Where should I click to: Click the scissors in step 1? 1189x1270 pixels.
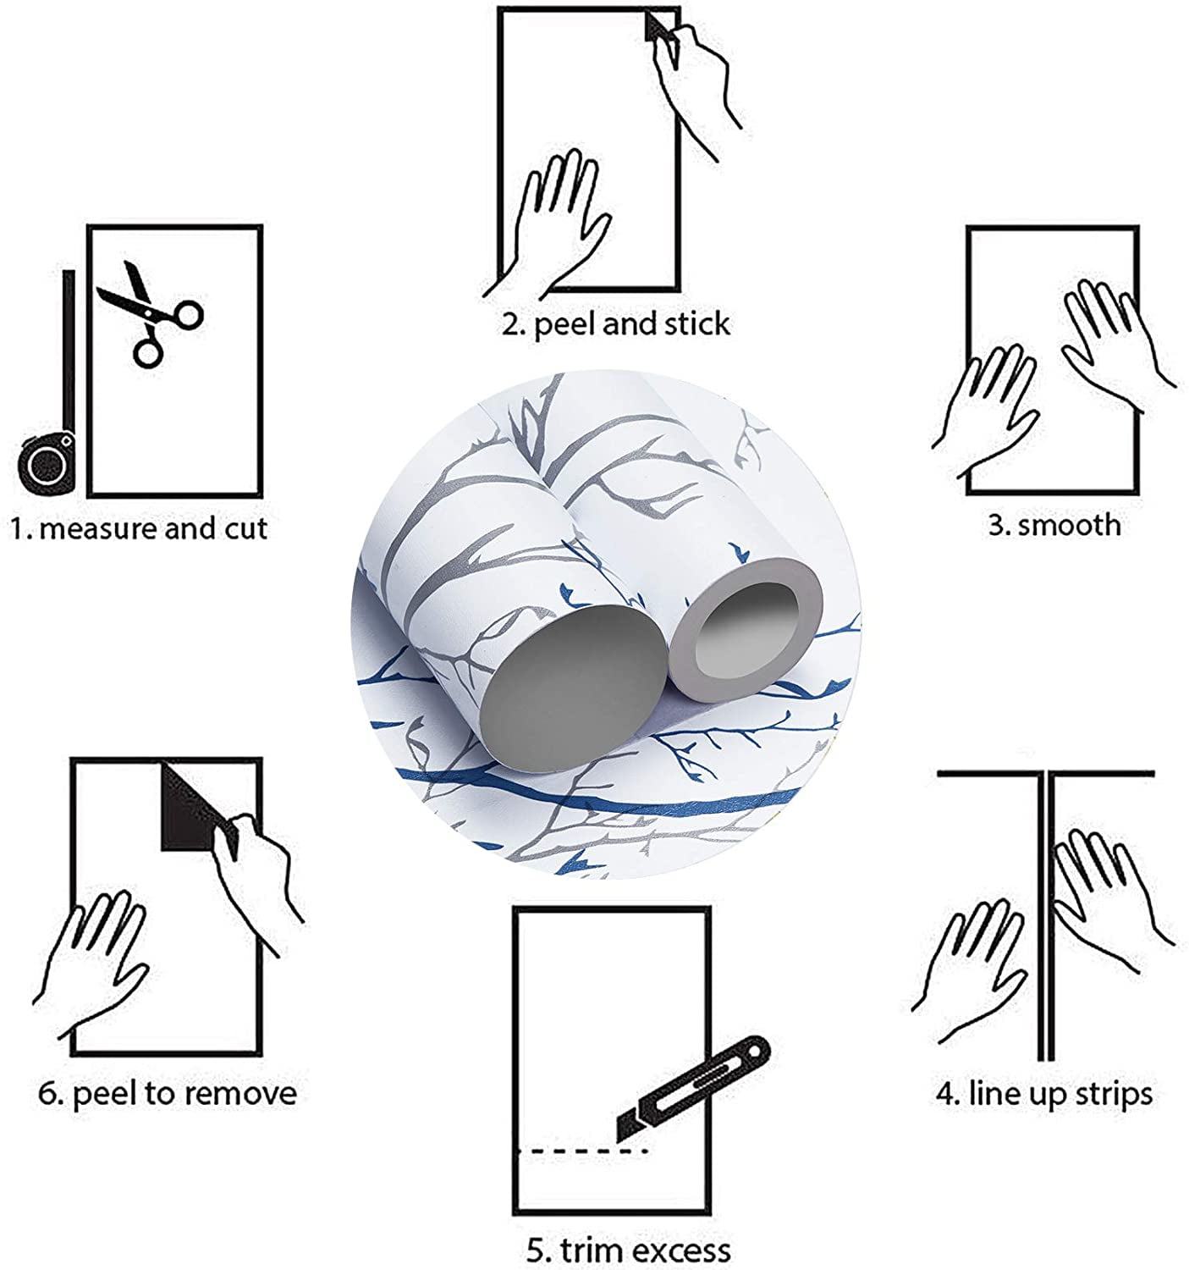(151, 315)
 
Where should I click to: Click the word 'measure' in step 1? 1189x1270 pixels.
(96, 529)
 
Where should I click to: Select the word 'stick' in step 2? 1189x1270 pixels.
(696, 323)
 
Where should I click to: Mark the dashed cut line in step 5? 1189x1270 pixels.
(583, 1152)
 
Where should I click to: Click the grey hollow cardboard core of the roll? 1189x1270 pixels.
(744, 628)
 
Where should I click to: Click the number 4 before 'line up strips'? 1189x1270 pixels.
(944, 1094)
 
